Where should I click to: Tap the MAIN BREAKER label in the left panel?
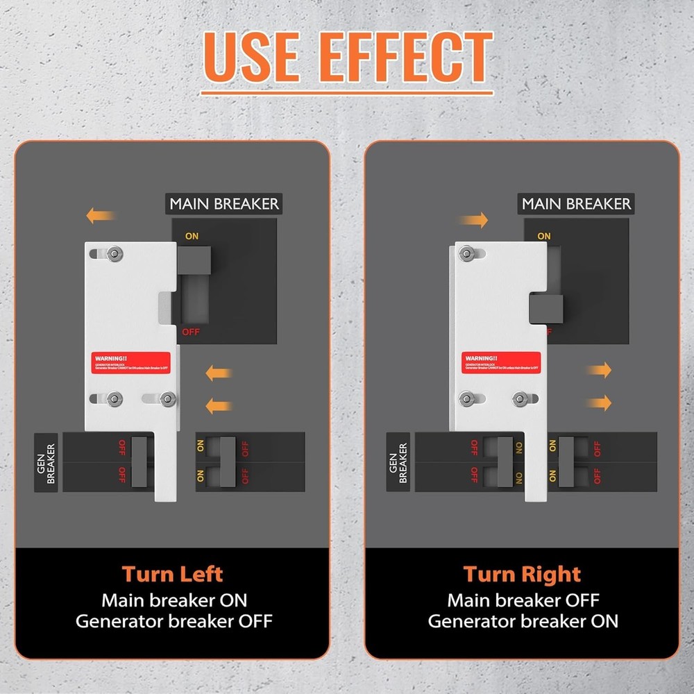pyautogui.click(x=224, y=204)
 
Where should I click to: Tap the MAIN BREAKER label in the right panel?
pyautogui.click(x=576, y=204)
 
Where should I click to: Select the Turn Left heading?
pyautogui.click(x=173, y=574)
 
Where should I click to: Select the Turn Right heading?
pyautogui.click(x=522, y=574)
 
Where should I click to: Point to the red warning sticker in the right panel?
pyautogui.click(x=491, y=362)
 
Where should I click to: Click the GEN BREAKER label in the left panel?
pyautogui.click(x=46, y=463)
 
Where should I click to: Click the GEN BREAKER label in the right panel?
pyautogui.click(x=398, y=463)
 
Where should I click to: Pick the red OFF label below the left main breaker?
pyautogui.click(x=191, y=332)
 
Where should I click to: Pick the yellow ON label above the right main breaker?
pyautogui.click(x=544, y=236)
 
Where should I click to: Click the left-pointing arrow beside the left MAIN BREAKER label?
pyautogui.click(x=99, y=216)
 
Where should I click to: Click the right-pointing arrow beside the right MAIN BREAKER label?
pyautogui.click(x=473, y=221)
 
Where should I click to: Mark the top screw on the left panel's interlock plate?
pyautogui.click(x=113, y=254)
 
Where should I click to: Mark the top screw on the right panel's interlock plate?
pyautogui.click(x=466, y=254)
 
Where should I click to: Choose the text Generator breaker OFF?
pyautogui.click(x=173, y=620)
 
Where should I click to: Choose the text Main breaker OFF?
pyautogui.click(x=523, y=600)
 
